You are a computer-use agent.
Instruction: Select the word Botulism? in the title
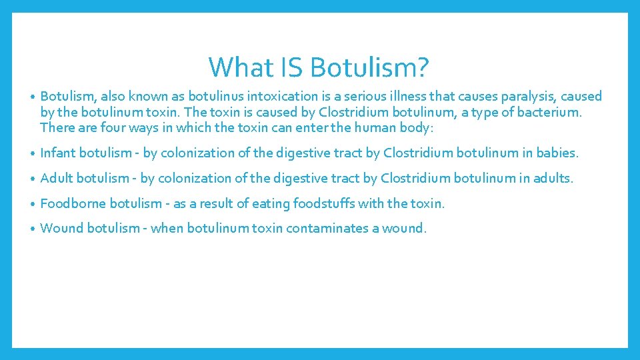(x=370, y=67)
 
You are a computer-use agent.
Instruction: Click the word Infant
(x=58, y=153)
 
